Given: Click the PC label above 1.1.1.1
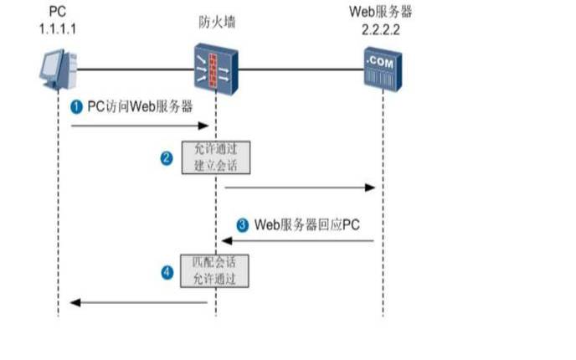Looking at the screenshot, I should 57,12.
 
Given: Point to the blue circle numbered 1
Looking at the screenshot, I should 76,107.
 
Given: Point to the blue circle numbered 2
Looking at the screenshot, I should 167,157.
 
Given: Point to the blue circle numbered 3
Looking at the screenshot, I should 243,224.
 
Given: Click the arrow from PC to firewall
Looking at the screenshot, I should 139,126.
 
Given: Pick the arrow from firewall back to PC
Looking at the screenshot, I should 139,302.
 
